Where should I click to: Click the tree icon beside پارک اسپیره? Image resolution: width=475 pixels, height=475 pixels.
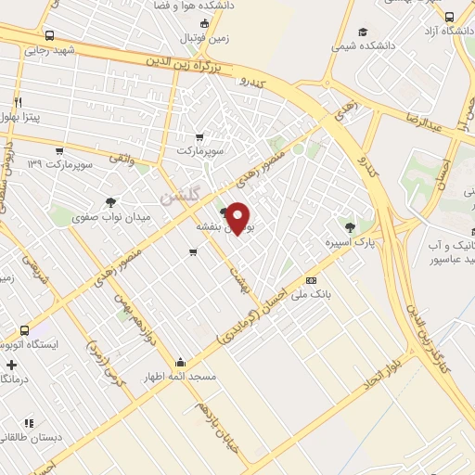(x=350, y=226)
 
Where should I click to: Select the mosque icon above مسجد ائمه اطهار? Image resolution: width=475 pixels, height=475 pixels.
(x=180, y=362)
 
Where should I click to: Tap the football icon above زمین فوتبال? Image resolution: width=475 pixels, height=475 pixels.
(x=202, y=23)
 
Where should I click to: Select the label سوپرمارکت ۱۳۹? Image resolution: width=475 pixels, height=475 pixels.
(x=60, y=164)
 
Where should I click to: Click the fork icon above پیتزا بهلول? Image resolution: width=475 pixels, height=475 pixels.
(x=18, y=100)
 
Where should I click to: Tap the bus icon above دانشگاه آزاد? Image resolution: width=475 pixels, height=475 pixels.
(x=450, y=16)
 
